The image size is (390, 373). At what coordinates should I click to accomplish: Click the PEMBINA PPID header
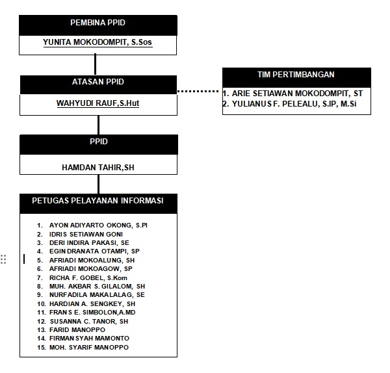click(x=97, y=23)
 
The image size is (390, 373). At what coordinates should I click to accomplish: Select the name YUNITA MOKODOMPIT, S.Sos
click(x=97, y=42)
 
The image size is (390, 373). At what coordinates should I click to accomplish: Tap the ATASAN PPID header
click(x=98, y=82)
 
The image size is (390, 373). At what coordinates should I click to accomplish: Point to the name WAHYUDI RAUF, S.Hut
click(x=97, y=103)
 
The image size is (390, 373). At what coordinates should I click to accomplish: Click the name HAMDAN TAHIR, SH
click(x=98, y=168)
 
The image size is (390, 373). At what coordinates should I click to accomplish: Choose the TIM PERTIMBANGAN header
click(x=296, y=74)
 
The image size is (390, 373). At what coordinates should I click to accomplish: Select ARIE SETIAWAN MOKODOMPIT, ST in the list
click(x=297, y=94)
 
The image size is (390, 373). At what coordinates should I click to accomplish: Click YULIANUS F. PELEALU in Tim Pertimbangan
click(x=274, y=104)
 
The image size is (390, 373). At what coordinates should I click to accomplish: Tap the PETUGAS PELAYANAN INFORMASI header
click(x=97, y=200)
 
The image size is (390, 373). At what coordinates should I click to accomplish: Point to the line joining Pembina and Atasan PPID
click(x=96, y=64)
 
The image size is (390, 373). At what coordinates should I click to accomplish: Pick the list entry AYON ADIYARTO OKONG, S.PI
click(x=98, y=225)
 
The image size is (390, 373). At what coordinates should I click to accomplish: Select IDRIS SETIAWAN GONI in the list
click(x=86, y=234)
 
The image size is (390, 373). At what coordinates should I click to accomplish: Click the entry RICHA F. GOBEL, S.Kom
click(x=88, y=277)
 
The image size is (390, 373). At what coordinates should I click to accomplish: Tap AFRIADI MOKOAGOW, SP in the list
click(x=91, y=269)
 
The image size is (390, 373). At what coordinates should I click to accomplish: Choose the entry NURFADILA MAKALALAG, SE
click(x=97, y=294)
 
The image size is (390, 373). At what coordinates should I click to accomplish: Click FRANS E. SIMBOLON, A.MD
click(x=92, y=313)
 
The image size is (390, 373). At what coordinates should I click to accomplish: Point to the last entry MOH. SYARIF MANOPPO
click(x=89, y=348)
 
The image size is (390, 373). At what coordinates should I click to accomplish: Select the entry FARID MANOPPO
click(x=77, y=329)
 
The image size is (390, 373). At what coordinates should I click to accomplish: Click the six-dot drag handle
click(x=3, y=259)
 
